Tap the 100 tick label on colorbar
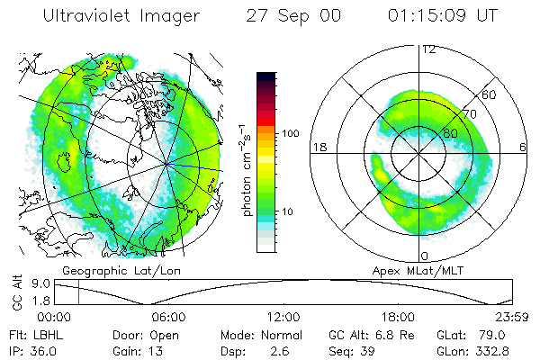click(x=290, y=132)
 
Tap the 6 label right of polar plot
click(x=523, y=147)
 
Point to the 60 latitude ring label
click(x=490, y=94)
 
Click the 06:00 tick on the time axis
click(x=169, y=317)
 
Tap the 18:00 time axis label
click(x=398, y=317)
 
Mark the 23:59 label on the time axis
click(x=511, y=317)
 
